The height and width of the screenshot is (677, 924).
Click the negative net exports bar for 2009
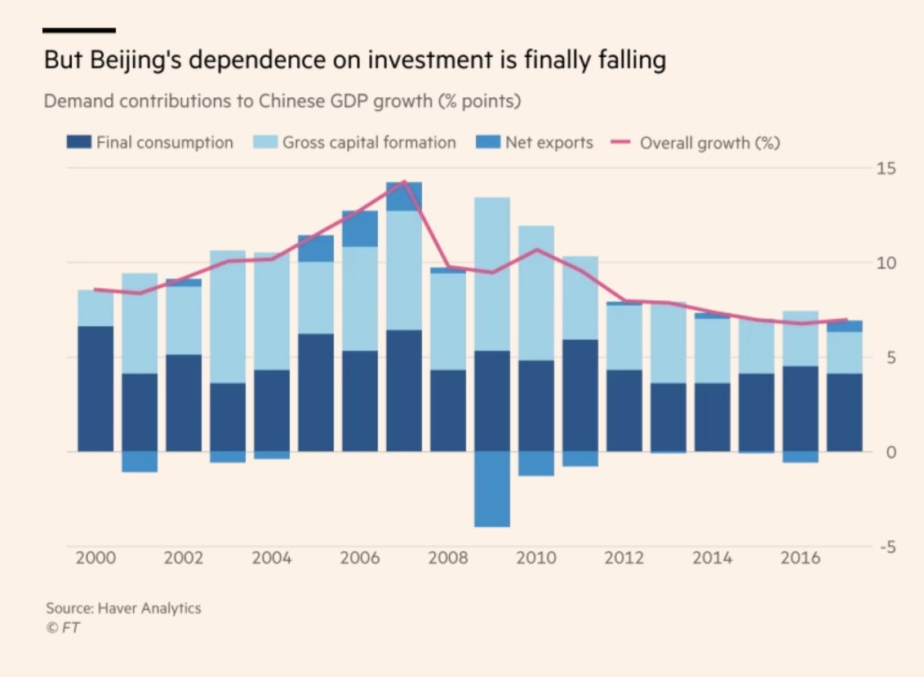pyautogui.click(x=492, y=489)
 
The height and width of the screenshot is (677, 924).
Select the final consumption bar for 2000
pyautogui.click(x=96, y=388)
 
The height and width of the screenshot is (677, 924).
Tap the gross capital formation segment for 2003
pyautogui.click(x=228, y=316)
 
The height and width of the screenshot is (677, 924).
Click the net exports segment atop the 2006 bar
pyautogui.click(x=360, y=228)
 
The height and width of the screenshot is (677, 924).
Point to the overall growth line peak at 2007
pyautogui.click(x=404, y=182)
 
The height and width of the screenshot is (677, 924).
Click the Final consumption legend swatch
pyautogui.click(x=78, y=143)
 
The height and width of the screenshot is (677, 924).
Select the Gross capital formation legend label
pyautogui.click(x=369, y=143)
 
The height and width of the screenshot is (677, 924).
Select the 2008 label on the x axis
pyautogui.click(x=448, y=559)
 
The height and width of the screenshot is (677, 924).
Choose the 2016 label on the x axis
pyautogui.click(x=801, y=559)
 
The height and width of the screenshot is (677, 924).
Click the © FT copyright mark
pyautogui.click(x=62, y=627)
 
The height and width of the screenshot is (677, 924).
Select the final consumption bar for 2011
pyautogui.click(x=580, y=395)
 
